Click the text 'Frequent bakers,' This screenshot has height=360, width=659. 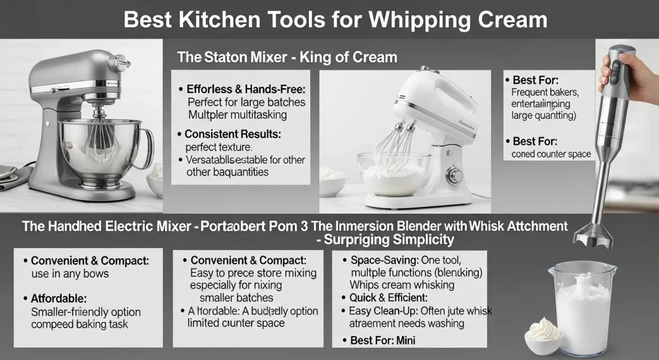click(x=548, y=93)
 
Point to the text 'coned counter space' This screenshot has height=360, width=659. click(x=552, y=154)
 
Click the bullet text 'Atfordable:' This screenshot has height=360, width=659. click(x=59, y=298)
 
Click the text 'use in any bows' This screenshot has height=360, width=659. click(x=70, y=274)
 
